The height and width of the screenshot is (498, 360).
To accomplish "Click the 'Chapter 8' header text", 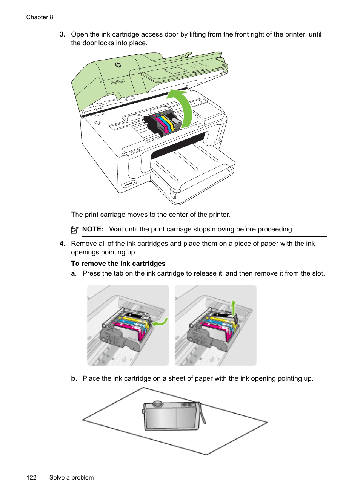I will coord(40,17).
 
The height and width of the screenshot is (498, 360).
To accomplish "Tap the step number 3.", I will coord(62,34).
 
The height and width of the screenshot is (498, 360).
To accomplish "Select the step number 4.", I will coord(62,244).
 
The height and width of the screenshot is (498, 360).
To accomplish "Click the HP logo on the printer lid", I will coord(118,65).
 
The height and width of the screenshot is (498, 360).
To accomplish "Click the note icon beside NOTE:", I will coord(75,230).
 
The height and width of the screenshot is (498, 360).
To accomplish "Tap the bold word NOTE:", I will coord(92,229).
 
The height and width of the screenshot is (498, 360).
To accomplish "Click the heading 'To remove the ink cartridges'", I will coord(118,264).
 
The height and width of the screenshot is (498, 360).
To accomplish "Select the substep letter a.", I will coord(73,273).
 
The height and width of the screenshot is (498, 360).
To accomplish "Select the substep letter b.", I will coord(74,378).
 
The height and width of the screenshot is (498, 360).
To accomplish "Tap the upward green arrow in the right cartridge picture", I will coord(234,307).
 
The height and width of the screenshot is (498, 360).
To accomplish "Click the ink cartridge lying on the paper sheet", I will coord(172,417).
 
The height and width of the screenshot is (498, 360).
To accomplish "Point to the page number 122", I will coord(31,477).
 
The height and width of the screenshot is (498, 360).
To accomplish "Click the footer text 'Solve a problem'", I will coord(71,477).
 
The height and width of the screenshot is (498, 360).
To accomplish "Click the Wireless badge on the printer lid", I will coord(118,81).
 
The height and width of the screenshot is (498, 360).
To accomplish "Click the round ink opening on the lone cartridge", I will coord(157,405).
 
